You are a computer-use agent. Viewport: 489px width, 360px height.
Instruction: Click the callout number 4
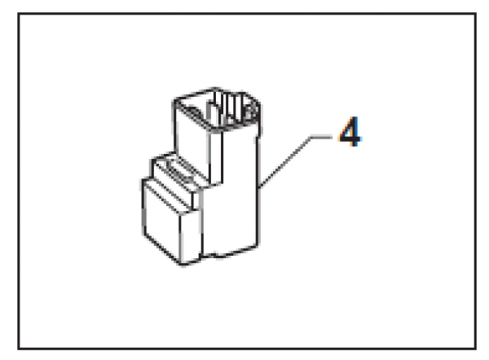[x=350, y=131]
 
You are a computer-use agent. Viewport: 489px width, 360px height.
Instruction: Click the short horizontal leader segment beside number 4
[x=321, y=137]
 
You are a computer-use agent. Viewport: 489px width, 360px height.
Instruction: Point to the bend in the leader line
[x=311, y=137]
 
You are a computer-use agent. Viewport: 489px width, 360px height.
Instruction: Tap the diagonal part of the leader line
[x=284, y=162]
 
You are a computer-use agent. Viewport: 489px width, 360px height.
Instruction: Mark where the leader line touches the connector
[x=259, y=187]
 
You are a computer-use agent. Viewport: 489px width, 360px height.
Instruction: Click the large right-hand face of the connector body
[x=231, y=193]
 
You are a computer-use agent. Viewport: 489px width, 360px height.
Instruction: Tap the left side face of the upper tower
[x=191, y=140]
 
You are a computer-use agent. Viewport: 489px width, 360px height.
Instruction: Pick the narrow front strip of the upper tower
[x=216, y=157]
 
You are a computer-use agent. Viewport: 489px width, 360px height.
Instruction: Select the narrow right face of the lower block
[x=190, y=237]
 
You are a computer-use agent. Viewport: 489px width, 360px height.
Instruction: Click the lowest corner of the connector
[x=182, y=265]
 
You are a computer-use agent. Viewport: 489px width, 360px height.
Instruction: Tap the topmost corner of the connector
[x=215, y=88]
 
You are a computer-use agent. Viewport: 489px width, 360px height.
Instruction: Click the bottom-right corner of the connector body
[x=258, y=246]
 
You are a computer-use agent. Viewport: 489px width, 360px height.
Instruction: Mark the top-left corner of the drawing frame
[x=19, y=14]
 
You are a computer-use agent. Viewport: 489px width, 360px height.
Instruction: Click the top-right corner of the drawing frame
[x=475, y=14]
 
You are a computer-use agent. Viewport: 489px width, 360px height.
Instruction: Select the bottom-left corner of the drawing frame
[x=19, y=349]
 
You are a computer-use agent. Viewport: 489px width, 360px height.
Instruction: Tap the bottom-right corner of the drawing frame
[x=475, y=349]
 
